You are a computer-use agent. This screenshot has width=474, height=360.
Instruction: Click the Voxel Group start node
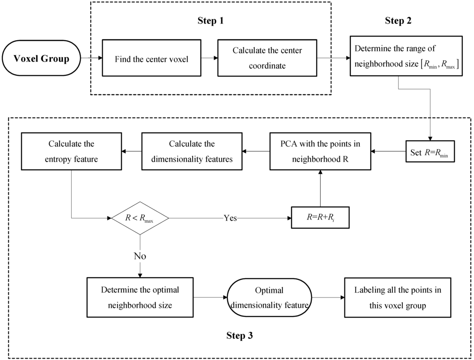(x=42, y=59)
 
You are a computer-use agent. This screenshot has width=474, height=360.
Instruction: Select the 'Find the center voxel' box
(x=151, y=59)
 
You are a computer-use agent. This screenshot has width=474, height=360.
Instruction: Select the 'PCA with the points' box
(x=320, y=151)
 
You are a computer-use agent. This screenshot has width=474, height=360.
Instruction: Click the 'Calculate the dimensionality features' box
(x=191, y=151)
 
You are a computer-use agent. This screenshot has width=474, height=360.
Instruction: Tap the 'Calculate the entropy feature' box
(x=70, y=151)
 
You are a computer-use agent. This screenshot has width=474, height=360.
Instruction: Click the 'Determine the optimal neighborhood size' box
(x=139, y=297)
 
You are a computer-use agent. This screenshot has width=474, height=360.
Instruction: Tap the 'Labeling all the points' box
(x=398, y=297)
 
